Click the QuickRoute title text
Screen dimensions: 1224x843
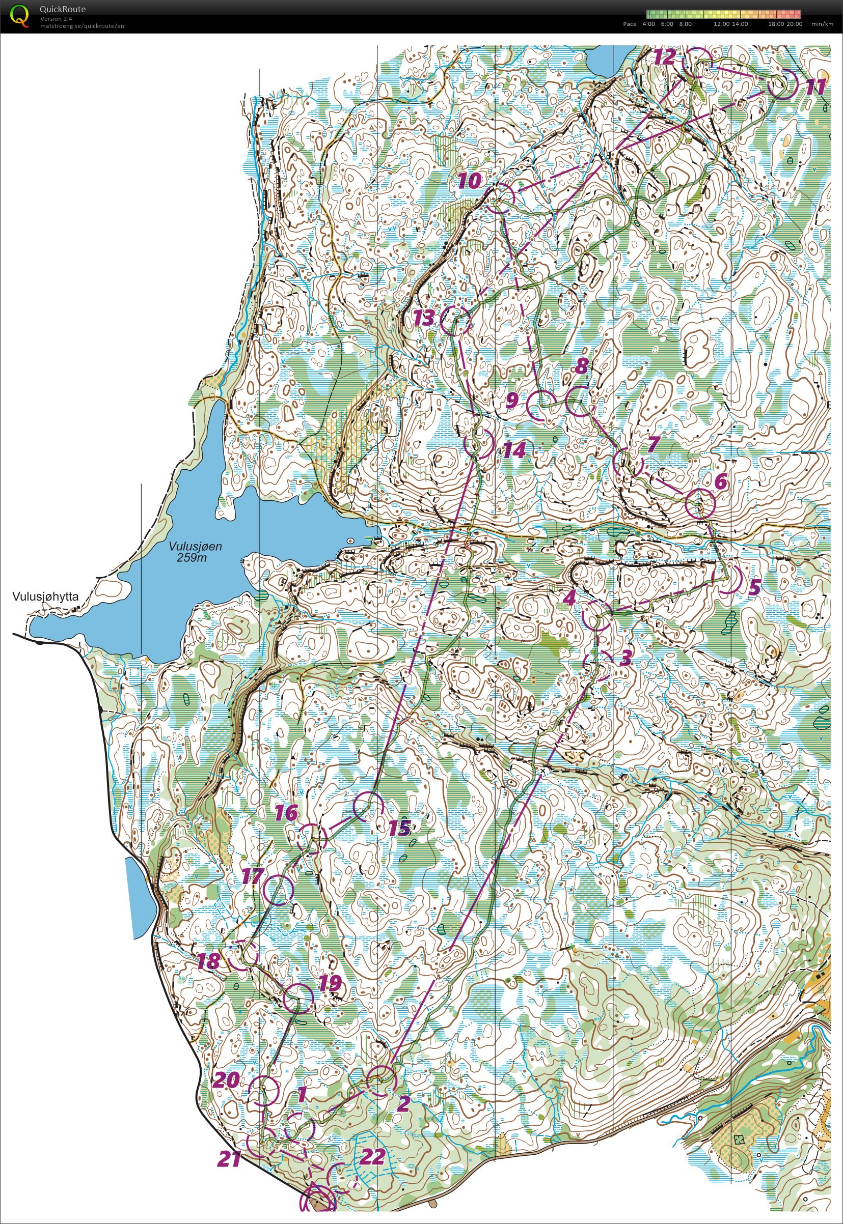click(62, 9)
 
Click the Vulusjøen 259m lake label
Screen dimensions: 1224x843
click(196, 552)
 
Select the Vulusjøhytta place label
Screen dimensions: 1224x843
click(46, 597)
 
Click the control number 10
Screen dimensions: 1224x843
click(470, 181)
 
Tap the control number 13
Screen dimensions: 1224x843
click(424, 318)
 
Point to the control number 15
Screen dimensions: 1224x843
click(399, 828)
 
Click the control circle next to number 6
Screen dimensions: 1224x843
click(700, 504)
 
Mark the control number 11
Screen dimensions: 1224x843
click(815, 87)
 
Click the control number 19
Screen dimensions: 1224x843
click(330, 983)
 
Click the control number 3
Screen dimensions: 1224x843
click(625, 658)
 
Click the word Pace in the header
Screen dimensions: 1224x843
click(630, 24)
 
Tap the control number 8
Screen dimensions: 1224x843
click(582, 365)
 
